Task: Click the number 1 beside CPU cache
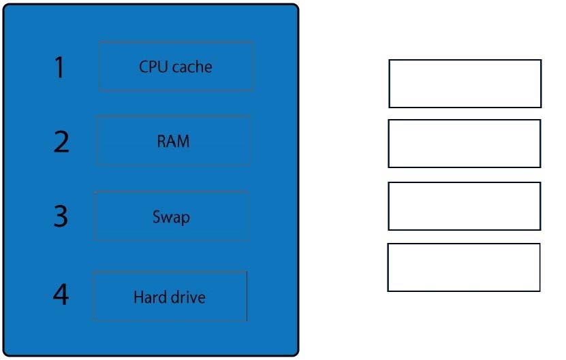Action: pos(59,67)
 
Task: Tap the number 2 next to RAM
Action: pos(61,142)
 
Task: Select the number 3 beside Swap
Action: pos(61,216)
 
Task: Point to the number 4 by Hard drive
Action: pos(61,295)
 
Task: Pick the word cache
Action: pos(192,67)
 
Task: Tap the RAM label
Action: pos(173,141)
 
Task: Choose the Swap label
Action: pos(171,217)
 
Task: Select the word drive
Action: pos(188,297)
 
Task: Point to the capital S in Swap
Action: pos(156,216)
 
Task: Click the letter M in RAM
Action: pos(183,141)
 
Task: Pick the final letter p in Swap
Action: pos(186,218)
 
